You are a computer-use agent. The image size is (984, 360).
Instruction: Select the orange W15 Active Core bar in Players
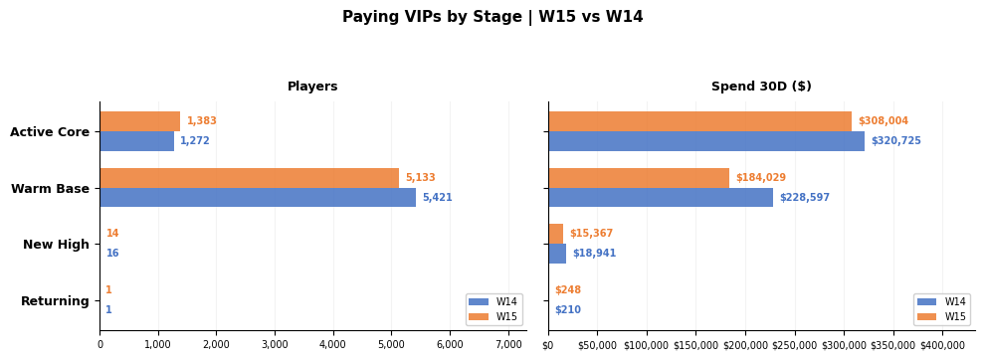(x=140, y=121)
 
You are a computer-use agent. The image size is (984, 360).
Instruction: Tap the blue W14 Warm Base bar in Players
(x=258, y=197)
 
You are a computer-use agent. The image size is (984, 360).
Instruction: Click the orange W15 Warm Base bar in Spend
(x=639, y=177)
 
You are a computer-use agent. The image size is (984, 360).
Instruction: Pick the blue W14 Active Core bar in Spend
(x=706, y=141)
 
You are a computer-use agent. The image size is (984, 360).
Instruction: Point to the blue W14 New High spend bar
(x=557, y=254)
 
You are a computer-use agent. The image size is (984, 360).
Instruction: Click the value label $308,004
(x=883, y=121)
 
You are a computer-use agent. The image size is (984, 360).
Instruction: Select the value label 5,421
(x=438, y=198)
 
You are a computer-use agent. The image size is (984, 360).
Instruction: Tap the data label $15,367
(x=591, y=234)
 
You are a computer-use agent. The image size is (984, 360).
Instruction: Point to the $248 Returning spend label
(x=568, y=289)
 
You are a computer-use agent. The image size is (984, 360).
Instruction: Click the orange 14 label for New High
(x=112, y=234)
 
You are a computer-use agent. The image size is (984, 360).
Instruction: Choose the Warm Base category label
(x=50, y=188)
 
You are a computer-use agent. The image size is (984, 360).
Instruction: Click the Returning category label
(x=56, y=301)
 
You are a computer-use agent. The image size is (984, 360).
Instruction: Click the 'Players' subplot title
(x=312, y=87)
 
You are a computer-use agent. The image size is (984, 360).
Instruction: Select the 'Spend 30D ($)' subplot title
(x=761, y=87)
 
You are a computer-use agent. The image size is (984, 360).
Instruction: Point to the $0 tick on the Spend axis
(x=548, y=345)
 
